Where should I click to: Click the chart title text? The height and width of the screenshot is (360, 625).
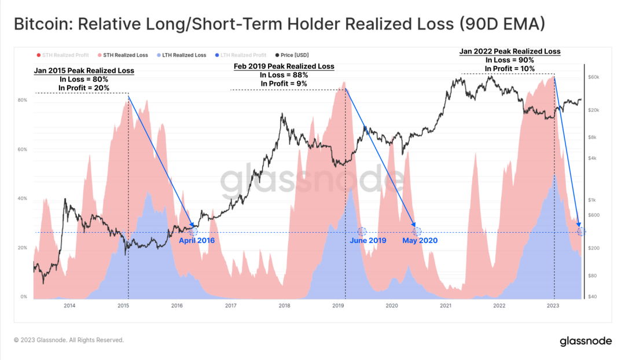coord(279,25)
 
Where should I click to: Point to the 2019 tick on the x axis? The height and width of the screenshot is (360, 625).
coord(338,306)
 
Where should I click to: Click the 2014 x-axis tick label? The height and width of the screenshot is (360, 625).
coord(69,306)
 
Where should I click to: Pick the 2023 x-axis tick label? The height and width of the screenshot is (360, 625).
coord(553,306)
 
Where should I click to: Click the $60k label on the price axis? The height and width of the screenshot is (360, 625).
coord(594,77)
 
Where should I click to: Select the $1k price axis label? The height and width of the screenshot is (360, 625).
coord(593,200)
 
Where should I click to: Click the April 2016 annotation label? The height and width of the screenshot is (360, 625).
coord(196,240)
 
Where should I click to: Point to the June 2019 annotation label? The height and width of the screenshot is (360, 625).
coord(367,240)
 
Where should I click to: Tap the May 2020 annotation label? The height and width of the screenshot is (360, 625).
coord(420,240)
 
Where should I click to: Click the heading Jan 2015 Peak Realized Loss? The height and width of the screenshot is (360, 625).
coord(84,71)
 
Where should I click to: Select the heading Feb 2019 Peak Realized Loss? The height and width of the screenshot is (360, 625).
coord(284,67)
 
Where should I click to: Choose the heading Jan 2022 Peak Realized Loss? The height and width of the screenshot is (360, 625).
coord(510,52)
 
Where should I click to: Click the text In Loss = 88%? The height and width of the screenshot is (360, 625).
coord(284,75)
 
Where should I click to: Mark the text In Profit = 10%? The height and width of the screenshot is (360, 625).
coord(510,69)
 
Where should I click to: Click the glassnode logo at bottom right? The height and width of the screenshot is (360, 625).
coord(585,341)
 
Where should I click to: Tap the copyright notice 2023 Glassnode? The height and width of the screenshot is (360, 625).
coord(69,340)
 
